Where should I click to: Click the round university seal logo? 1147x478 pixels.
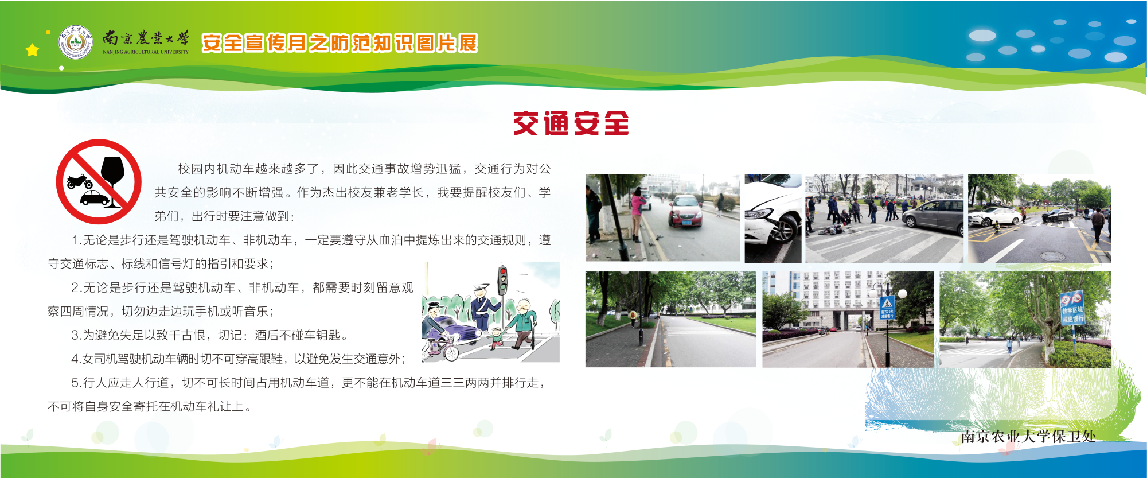point(75,42)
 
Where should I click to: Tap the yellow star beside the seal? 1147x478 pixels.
point(33,50)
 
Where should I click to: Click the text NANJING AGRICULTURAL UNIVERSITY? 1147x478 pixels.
point(146,52)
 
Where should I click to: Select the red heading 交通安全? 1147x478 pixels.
point(571,123)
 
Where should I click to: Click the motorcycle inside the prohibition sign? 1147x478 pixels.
point(79,181)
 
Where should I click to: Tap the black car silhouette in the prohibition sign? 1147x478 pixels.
point(95,199)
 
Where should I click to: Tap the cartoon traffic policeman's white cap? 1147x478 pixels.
point(481,286)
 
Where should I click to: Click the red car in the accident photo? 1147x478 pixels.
point(685,211)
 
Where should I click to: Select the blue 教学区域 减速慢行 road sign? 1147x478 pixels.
point(1072,308)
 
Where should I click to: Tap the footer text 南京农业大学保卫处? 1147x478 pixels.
point(1028,437)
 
